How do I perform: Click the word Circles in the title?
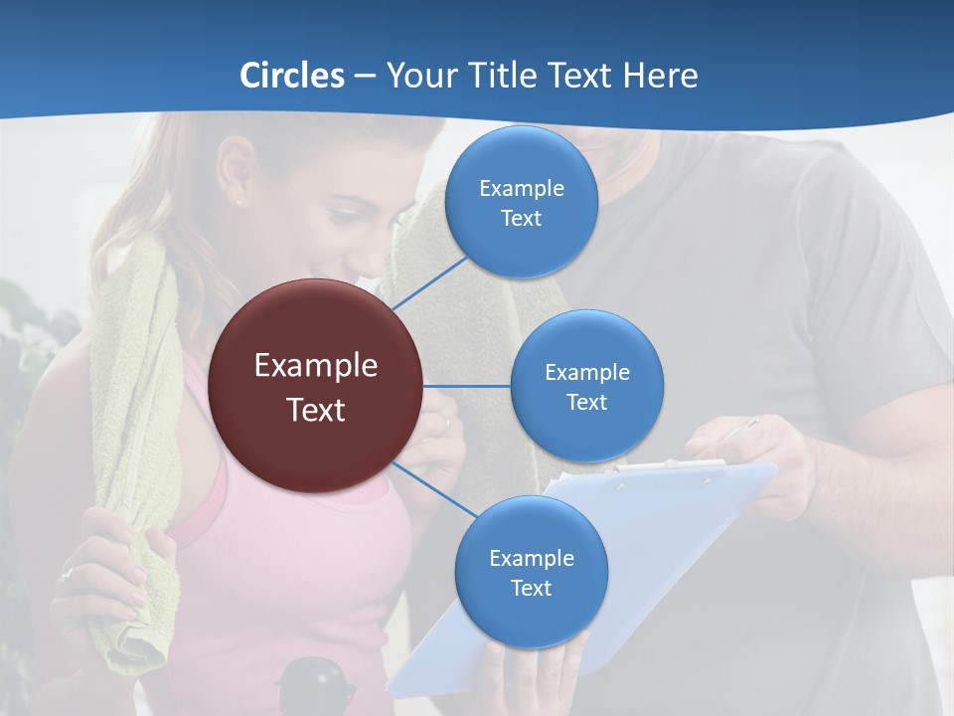(x=292, y=76)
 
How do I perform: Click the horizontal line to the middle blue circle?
(x=467, y=386)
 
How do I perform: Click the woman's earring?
(x=239, y=202)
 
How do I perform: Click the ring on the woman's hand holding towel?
(x=68, y=574)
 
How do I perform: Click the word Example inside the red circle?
(x=316, y=366)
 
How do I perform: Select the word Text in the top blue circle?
(x=522, y=219)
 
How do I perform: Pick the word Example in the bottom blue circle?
(x=531, y=558)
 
